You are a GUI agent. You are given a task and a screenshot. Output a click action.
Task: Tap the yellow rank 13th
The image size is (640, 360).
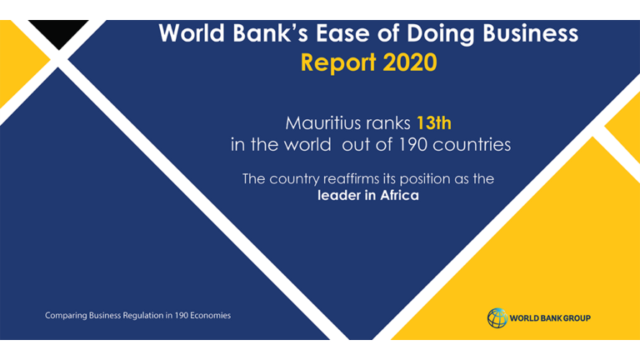[434, 123]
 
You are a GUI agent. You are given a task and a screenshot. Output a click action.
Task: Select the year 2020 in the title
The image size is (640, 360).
[410, 62]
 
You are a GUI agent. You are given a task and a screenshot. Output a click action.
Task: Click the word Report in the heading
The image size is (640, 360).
[338, 63]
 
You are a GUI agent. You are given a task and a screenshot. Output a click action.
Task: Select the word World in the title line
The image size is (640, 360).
[192, 32]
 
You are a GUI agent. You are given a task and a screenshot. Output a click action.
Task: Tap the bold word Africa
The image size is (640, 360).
[400, 196]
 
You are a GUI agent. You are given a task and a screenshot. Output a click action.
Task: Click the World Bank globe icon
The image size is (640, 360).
[497, 318]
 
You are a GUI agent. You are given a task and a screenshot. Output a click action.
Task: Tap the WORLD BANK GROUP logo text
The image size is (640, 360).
[550, 318]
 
